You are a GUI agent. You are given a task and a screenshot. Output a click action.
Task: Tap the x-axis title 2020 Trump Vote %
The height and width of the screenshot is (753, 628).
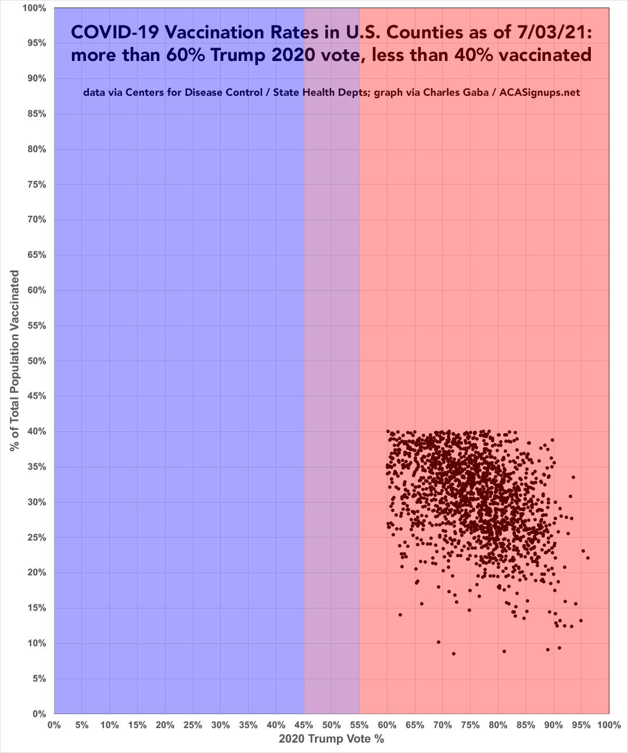pyautogui.click(x=331, y=739)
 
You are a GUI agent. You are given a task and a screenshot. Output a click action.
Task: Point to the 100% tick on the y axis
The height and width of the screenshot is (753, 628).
pyautogui.click(x=34, y=8)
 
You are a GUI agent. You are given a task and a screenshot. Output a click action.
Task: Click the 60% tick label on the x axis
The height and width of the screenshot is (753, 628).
pyautogui.click(x=387, y=725)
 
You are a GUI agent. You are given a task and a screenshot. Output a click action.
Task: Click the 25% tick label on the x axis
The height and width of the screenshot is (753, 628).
pyautogui.click(x=193, y=725)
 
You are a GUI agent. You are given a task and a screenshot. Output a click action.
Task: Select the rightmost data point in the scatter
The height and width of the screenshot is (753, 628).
pyautogui.click(x=588, y=558)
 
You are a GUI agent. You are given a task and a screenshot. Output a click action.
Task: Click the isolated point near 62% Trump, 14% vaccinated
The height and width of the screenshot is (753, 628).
pyautogui.click(x=400, y=615)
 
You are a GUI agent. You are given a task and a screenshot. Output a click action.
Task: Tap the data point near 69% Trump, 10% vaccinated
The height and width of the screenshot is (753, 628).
pyautogui.click(x=439, y=642)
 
